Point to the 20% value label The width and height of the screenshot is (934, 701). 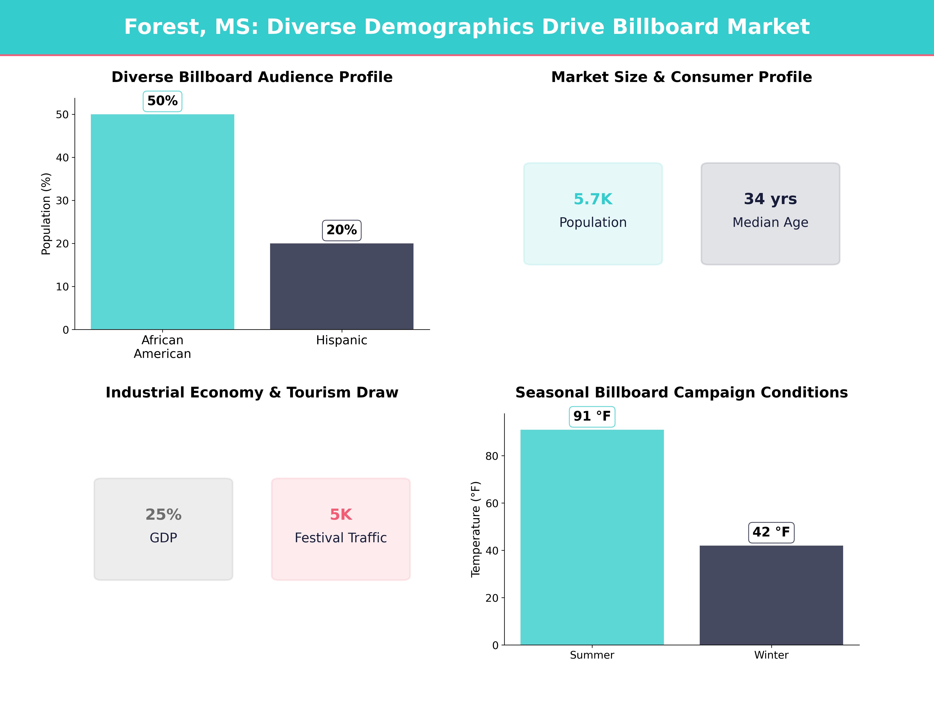click(342, 230)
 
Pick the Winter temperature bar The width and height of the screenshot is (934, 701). click(771, 595)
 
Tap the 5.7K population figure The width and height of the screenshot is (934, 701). click(593, 199)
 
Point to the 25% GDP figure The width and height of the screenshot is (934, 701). click(163, 515)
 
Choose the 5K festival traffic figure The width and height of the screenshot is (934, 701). click(341, 515)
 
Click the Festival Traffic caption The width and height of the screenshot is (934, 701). click(341, 538)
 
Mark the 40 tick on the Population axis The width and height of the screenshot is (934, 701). click(62, 158)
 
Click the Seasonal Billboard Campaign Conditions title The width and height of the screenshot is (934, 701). click(681, 393)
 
